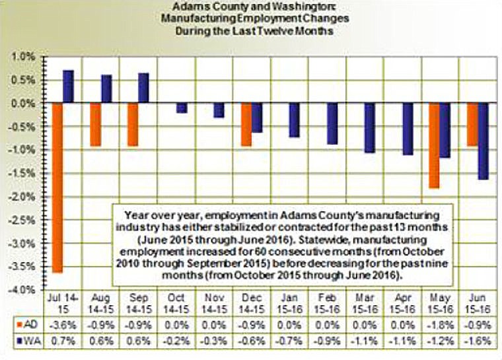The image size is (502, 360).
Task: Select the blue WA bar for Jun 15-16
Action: [484, 141]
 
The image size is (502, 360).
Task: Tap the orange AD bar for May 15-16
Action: [434, 146]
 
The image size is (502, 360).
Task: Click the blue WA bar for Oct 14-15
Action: [181, 108]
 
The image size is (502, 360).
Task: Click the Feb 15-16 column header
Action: [326, 305]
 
